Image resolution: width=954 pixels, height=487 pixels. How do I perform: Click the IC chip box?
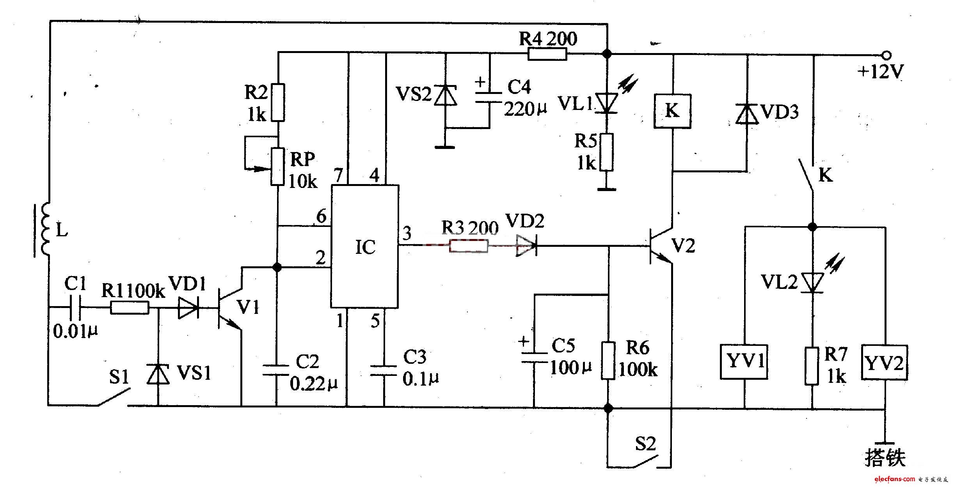click(x=365, y=246)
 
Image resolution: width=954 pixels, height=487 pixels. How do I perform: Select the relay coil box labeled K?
click(x=672, y=111)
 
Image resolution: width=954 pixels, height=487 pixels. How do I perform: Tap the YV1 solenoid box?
click(x=744, y=361)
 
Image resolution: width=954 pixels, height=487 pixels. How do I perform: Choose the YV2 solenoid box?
click(x=885, y=362)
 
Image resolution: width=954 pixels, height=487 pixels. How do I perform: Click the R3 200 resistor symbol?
click(x=468, y=246)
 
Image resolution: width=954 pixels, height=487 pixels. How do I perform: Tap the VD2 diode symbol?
click(x=527, y=246)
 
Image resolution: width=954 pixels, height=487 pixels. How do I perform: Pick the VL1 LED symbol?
click(x=607, y=103)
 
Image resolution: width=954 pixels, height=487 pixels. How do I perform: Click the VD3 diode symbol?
click(x=747, y=114)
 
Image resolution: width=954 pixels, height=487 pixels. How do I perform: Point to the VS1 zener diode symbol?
click(x=158, y=373)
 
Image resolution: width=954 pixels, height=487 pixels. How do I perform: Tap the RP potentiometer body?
click(x=277, y=166)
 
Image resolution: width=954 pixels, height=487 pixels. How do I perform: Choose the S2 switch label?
click(x=645, y=444)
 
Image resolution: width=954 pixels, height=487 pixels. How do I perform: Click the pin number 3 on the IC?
click(x=407, y=233)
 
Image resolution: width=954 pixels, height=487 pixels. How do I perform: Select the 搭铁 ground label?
click(x=885, y=458)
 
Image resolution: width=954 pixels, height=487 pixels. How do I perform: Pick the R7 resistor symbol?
click(x=812, y=367)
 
